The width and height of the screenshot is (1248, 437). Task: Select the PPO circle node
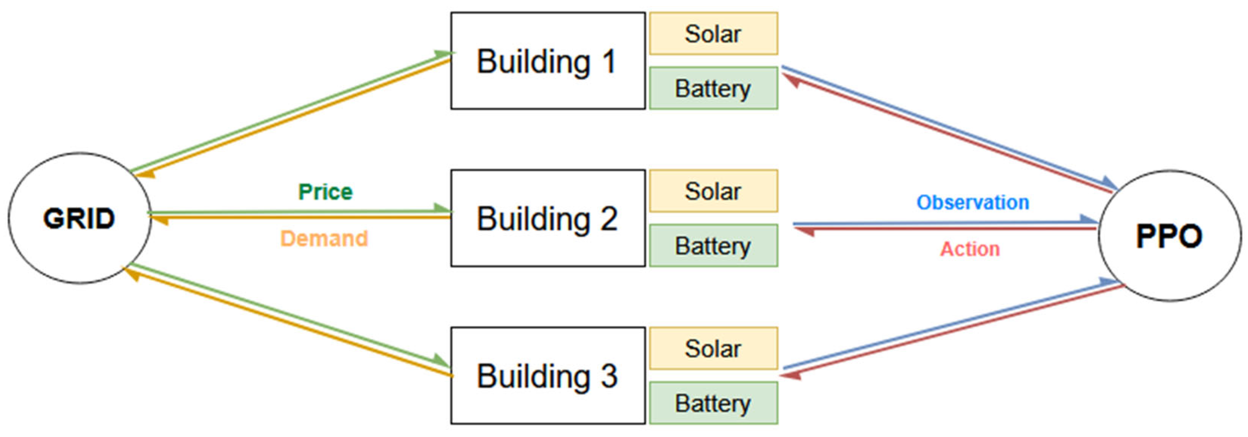tap(1169, 236)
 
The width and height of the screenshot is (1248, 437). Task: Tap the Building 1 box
tap(548, 61)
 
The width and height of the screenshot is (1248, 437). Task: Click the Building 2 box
tap(548, 218)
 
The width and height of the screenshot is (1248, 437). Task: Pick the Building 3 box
tap(548, 375)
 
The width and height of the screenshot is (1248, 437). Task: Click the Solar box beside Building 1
tap(713, 34)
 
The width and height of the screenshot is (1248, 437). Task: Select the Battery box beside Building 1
tap(713, 88)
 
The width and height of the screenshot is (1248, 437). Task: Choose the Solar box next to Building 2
tap(713, 191)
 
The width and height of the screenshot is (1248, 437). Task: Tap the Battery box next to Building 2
tap(713, 245)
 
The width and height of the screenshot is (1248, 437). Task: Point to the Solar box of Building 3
tap(713, 348)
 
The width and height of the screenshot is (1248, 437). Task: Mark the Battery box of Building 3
tap(713, 403)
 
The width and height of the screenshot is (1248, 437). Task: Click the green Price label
tap(325, 192)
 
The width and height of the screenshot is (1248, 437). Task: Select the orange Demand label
tap(324, 238)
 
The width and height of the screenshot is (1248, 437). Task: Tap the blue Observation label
tap(972, 202)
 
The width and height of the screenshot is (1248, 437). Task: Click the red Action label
tap(970, 249)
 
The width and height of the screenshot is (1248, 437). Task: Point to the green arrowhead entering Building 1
tap(443, 54)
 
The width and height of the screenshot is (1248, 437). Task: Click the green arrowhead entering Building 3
tap(442, 361)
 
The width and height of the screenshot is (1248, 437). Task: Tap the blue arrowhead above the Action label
tap(1088, 219)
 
